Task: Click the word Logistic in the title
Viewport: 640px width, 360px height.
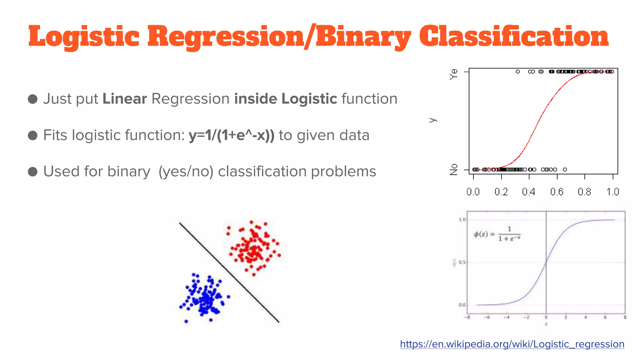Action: (x=83, y=37)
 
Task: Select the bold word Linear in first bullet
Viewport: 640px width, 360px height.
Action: (x=125, y=99)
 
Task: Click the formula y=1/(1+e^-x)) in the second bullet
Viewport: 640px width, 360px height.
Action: (x=232, y=135)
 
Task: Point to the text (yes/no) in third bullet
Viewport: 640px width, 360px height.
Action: (x=186, y=172)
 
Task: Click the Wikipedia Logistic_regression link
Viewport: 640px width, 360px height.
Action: (x=512, y=344)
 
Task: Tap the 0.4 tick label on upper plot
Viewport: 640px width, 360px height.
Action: (x=528, y=192)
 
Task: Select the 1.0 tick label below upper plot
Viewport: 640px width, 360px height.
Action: (x=612, y=192)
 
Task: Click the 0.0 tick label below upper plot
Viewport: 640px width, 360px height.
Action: (x=473, y=192)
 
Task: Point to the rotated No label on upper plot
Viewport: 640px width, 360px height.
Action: (x=454, y=169)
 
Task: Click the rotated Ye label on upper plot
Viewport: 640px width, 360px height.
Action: (x=454, y=74)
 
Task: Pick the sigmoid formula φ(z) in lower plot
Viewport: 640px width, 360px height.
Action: (x=497, y=234)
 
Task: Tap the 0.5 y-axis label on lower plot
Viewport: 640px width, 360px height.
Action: (x=462, y=262)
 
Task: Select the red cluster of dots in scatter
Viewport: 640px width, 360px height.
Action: (x=253, y=247)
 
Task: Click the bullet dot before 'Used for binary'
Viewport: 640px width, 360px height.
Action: (x=33, y=172)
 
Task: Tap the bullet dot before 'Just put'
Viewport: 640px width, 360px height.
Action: (x=33, y=99)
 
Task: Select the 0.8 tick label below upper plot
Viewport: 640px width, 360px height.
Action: (x=584, y=192)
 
